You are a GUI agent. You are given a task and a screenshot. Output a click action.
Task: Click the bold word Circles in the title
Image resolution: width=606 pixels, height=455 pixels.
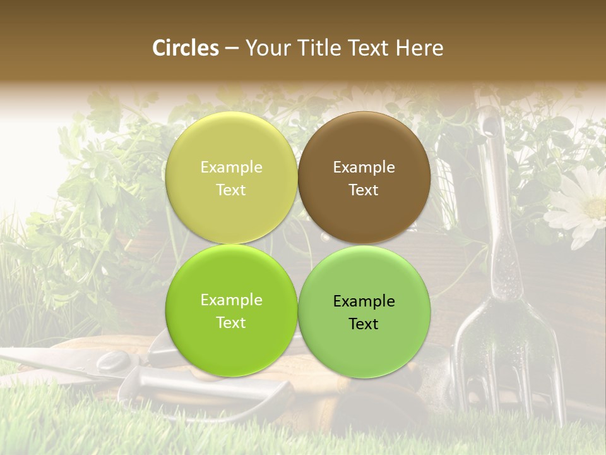(186, 48)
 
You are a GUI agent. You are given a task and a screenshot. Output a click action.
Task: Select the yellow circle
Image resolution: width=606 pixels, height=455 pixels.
(231, 178)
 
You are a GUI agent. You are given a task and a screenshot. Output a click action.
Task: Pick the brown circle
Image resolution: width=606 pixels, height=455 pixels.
(364, 178)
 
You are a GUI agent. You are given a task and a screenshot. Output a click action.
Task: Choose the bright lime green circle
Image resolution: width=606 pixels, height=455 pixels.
(231, 311)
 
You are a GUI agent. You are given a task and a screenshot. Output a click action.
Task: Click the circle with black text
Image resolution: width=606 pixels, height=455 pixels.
(364, 311)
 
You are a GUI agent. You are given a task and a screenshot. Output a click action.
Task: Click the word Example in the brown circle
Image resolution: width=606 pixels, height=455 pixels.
(364, 167)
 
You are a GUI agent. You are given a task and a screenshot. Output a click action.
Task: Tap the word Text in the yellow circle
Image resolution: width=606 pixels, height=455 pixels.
(231, 190)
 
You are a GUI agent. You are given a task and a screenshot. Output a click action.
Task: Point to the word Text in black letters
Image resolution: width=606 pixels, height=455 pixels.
(364, 324)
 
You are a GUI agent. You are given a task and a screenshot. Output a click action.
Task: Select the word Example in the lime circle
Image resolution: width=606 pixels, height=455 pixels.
(231, 300)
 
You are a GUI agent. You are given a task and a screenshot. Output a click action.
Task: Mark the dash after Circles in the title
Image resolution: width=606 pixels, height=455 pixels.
(232, 49)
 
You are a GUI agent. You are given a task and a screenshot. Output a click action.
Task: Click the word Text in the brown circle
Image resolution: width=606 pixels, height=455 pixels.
(364, 190)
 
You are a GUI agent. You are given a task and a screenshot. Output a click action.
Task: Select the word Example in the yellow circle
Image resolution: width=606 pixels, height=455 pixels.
(231, 167)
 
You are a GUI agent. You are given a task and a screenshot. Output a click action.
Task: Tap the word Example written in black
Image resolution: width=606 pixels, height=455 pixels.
(364, 301)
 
